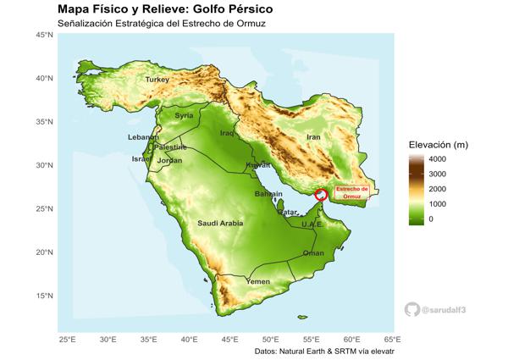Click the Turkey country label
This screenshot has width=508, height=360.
157,80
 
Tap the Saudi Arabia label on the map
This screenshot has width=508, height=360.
220,224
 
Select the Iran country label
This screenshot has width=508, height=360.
313,136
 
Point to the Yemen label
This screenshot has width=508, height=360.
257,281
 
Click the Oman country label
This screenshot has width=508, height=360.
313,253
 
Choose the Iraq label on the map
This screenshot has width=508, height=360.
227,133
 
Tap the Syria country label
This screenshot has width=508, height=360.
184,116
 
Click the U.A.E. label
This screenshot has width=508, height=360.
312,224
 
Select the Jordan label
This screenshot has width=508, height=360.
169,161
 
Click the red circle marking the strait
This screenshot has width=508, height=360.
321,195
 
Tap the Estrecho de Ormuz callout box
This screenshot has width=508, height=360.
352,192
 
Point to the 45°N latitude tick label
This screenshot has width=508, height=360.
45,35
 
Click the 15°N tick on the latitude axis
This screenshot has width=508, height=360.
45,296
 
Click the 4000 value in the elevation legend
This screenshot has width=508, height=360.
437,159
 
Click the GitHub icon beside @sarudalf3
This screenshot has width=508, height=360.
412,310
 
